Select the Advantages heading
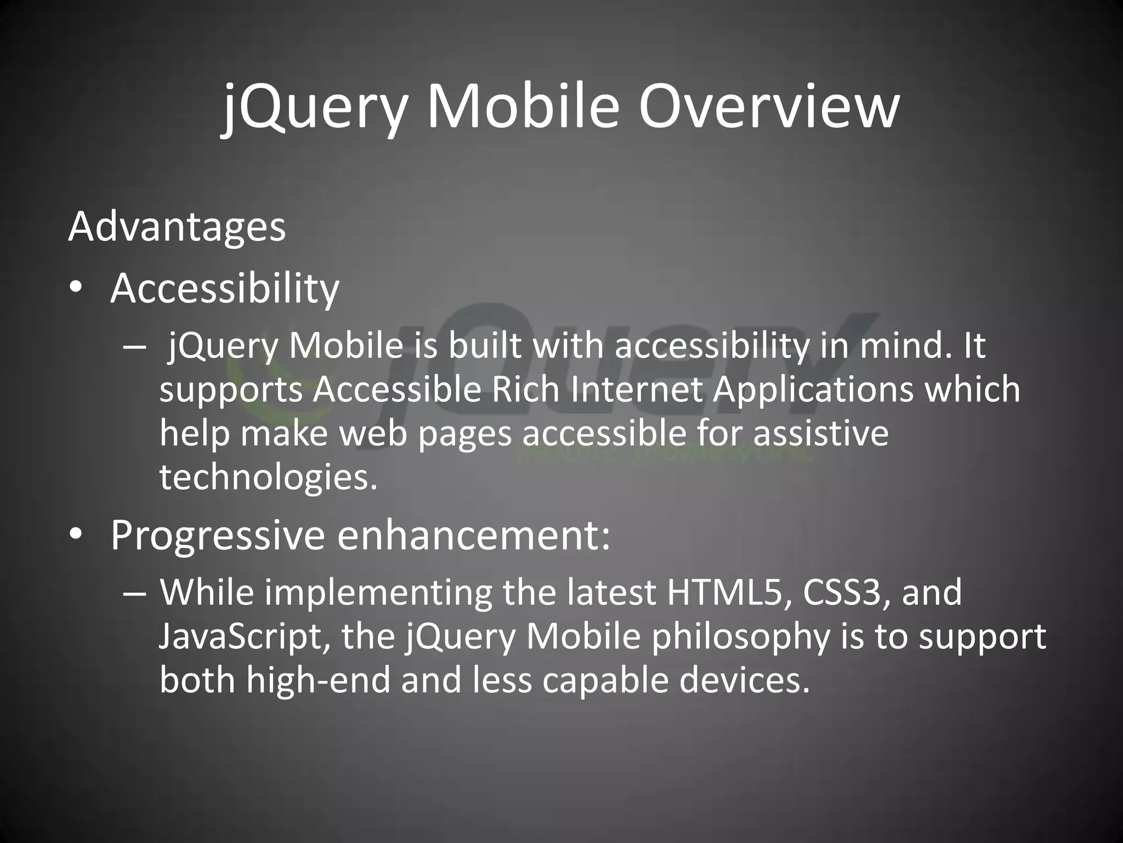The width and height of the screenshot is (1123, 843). (177, 226)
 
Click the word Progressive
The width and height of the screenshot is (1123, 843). (217, 535)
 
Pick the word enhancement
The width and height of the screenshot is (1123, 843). (473, 535)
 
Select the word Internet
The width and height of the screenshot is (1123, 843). (637, 389)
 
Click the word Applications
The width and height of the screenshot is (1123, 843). (813, 390)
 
